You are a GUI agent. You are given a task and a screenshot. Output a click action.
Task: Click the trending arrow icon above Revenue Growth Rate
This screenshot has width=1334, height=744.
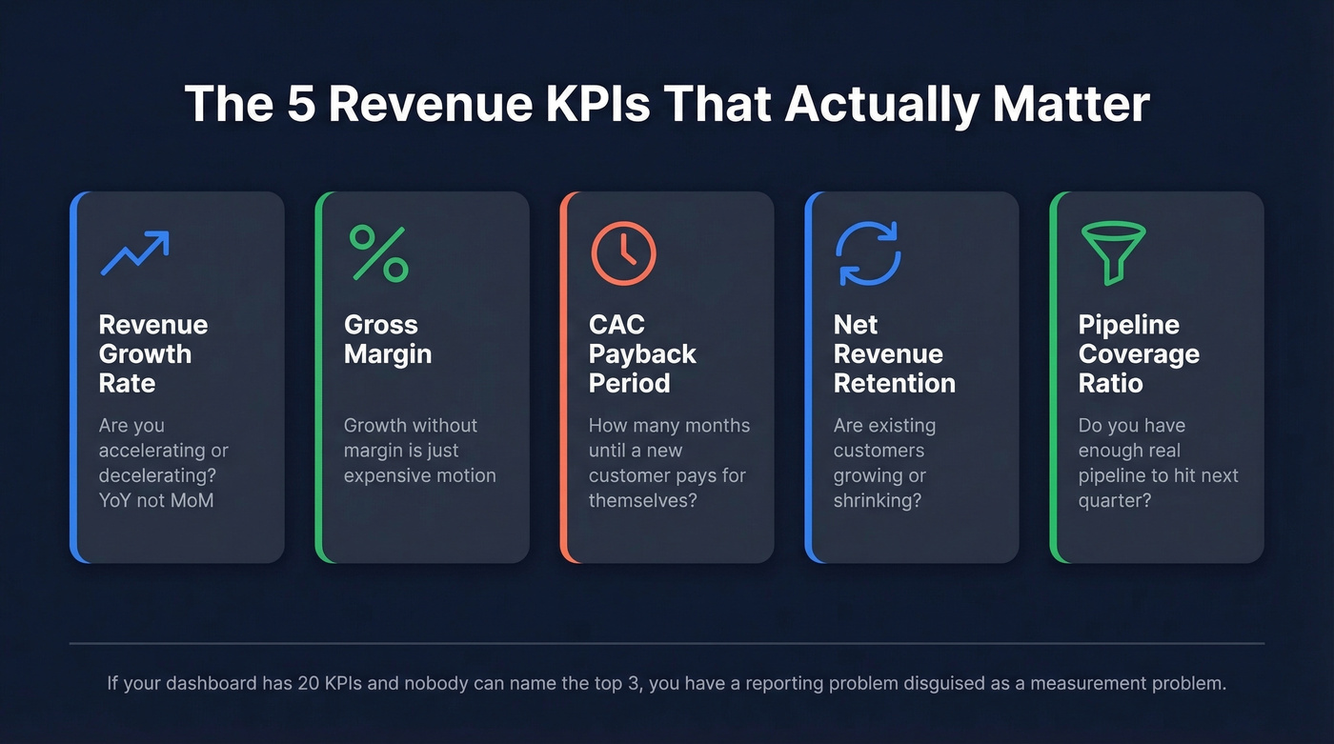(x=134, y=252)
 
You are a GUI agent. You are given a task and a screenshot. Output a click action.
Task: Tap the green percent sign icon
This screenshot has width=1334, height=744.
(x=378, y=253)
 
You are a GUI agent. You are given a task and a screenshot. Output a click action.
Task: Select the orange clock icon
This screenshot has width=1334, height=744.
(x=624, y=253)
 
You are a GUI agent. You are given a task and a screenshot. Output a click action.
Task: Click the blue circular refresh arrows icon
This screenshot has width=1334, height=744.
(x=868, y=253)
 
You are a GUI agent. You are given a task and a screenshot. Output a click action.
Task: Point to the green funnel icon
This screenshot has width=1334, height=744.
(x=1113, y=253)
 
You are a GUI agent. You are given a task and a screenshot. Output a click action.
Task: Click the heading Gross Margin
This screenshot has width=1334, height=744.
(x=388, y=339)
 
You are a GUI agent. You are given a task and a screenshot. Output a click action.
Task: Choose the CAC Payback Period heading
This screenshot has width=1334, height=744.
(x=642, y=354)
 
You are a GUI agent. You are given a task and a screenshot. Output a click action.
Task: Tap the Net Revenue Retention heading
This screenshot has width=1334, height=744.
(x=894, y=354)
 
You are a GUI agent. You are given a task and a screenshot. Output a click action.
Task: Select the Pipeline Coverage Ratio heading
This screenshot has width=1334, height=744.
(x=1139, y=354)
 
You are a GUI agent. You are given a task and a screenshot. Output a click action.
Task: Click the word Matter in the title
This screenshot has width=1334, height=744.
(x=1071, y=104)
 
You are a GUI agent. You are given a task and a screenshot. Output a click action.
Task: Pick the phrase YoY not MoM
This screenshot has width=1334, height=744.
(x=156, y=500)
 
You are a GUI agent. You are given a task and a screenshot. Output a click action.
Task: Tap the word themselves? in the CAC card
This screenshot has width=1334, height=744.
(x=642, y=500)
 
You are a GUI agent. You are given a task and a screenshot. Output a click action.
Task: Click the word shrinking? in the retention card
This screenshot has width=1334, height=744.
(x=878, y=500)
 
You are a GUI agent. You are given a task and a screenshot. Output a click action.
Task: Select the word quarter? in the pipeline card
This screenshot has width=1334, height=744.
(x=1115, y=500)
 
